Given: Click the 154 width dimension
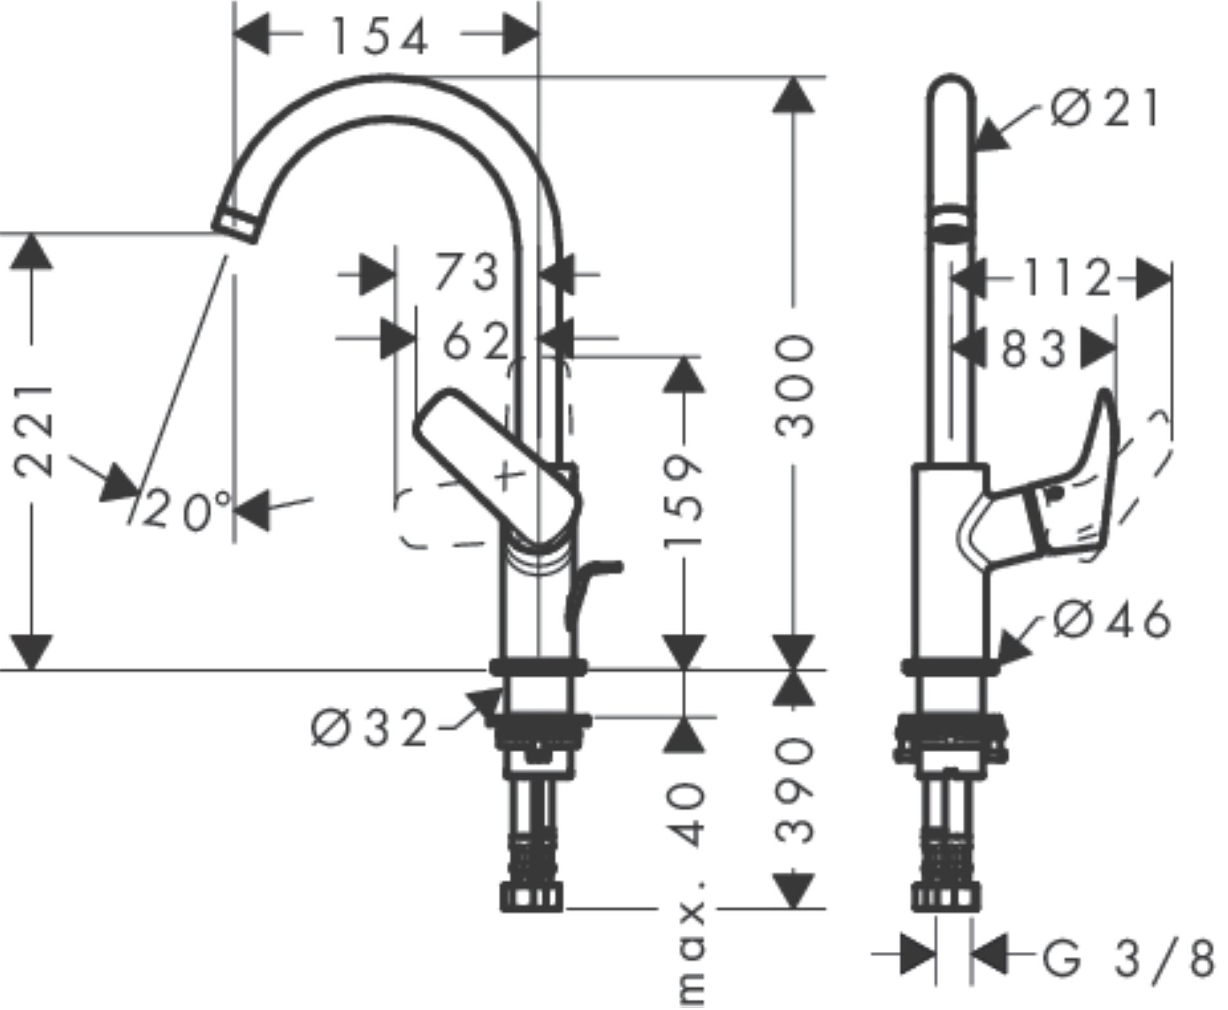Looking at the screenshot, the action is point(380,37).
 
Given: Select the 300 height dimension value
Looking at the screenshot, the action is point(795,387).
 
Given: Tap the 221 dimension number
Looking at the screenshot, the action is point(33,431).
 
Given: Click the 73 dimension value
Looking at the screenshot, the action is point(466,272).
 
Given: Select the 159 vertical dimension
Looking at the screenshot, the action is point(684,501).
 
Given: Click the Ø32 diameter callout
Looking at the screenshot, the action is point(370,728).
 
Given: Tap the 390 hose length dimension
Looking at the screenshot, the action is point(795,789).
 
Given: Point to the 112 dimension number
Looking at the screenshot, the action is point(1065,278).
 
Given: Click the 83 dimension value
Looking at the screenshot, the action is point(1034,349).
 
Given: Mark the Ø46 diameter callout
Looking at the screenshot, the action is point(1112,619).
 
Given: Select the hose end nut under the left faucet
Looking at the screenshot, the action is point(531,897).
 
